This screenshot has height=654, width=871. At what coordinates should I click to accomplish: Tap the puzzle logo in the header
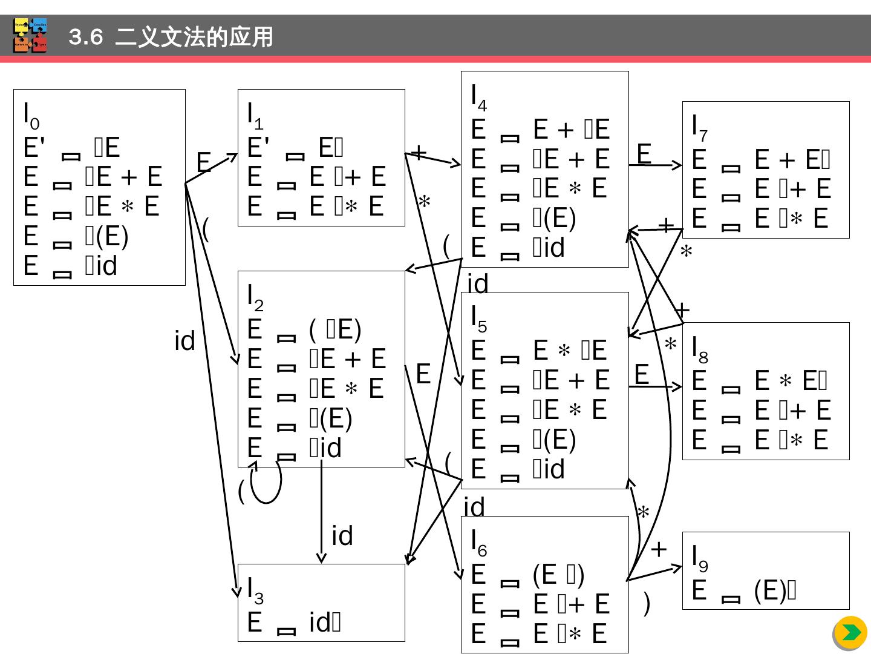[x=30, y=36]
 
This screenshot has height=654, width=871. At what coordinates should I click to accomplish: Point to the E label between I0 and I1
[x=204, y=162]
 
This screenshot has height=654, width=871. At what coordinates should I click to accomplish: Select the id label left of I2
[x=184, y=342]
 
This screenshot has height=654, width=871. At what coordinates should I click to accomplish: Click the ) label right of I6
[x=647, y=603]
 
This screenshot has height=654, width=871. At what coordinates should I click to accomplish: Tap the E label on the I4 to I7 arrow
[x=644, y=154]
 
